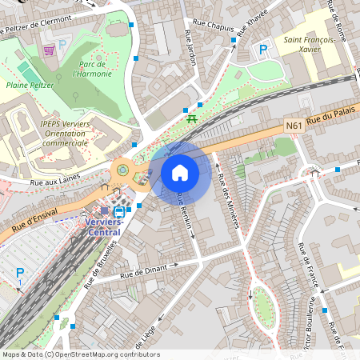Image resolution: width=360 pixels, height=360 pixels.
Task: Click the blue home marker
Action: point(180,173)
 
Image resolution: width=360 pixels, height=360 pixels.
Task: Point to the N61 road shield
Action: point(294,125)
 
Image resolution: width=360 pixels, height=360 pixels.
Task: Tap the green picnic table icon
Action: point(192,119)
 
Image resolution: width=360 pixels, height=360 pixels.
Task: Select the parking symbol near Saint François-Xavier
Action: point(262,50)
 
